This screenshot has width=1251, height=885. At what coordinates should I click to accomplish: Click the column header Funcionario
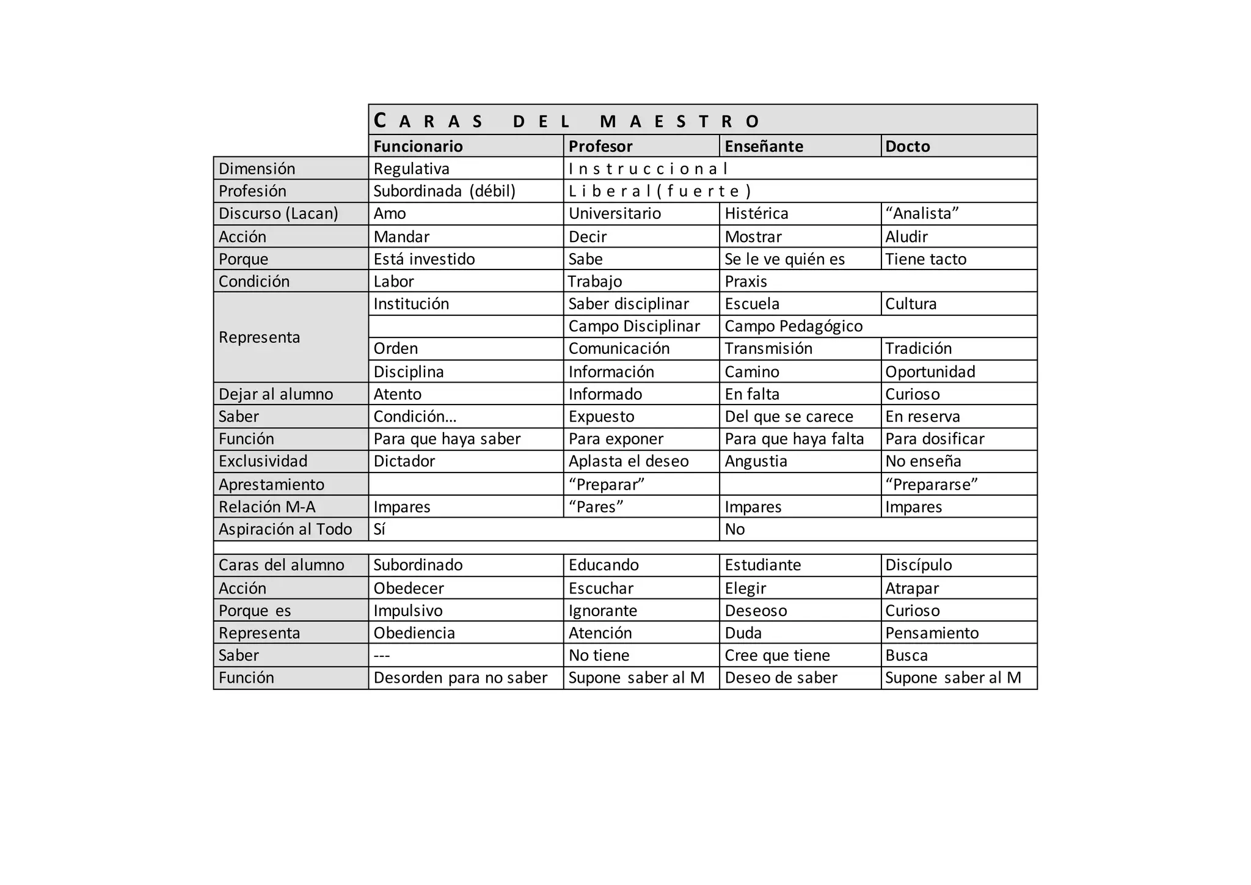[418, 146]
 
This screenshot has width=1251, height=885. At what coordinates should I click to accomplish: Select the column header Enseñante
[764, 146]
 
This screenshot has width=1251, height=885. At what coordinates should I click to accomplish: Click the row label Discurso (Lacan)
[278, 213]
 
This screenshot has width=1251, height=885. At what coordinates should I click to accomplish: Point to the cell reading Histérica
[756, 213]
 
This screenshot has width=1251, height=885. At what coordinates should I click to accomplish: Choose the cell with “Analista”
[922, 213]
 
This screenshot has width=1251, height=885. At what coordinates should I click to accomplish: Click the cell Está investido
[424, 259]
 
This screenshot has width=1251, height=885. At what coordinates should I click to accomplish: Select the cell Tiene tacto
[925, 259]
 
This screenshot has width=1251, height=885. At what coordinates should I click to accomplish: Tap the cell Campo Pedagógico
[793, 326]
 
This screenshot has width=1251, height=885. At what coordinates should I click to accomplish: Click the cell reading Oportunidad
[930, 372]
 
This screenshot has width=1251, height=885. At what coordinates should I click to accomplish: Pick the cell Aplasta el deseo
[629, 461]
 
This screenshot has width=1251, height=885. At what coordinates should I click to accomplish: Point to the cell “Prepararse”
[931, 484]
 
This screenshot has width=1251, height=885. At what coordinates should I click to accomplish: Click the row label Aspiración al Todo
[285, 529]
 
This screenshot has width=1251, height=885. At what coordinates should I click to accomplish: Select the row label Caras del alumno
[281, 565]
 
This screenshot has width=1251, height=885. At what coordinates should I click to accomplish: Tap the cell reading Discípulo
[918, 565]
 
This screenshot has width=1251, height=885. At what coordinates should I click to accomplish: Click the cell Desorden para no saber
[460, 677]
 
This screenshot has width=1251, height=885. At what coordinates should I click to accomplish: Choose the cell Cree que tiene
[777, 655]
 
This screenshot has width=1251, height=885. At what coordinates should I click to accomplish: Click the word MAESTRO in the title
[679, 121]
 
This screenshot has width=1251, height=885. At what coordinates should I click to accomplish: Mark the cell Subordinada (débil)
[444, 191]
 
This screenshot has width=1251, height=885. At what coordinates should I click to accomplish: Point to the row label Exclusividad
[263, 461]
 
